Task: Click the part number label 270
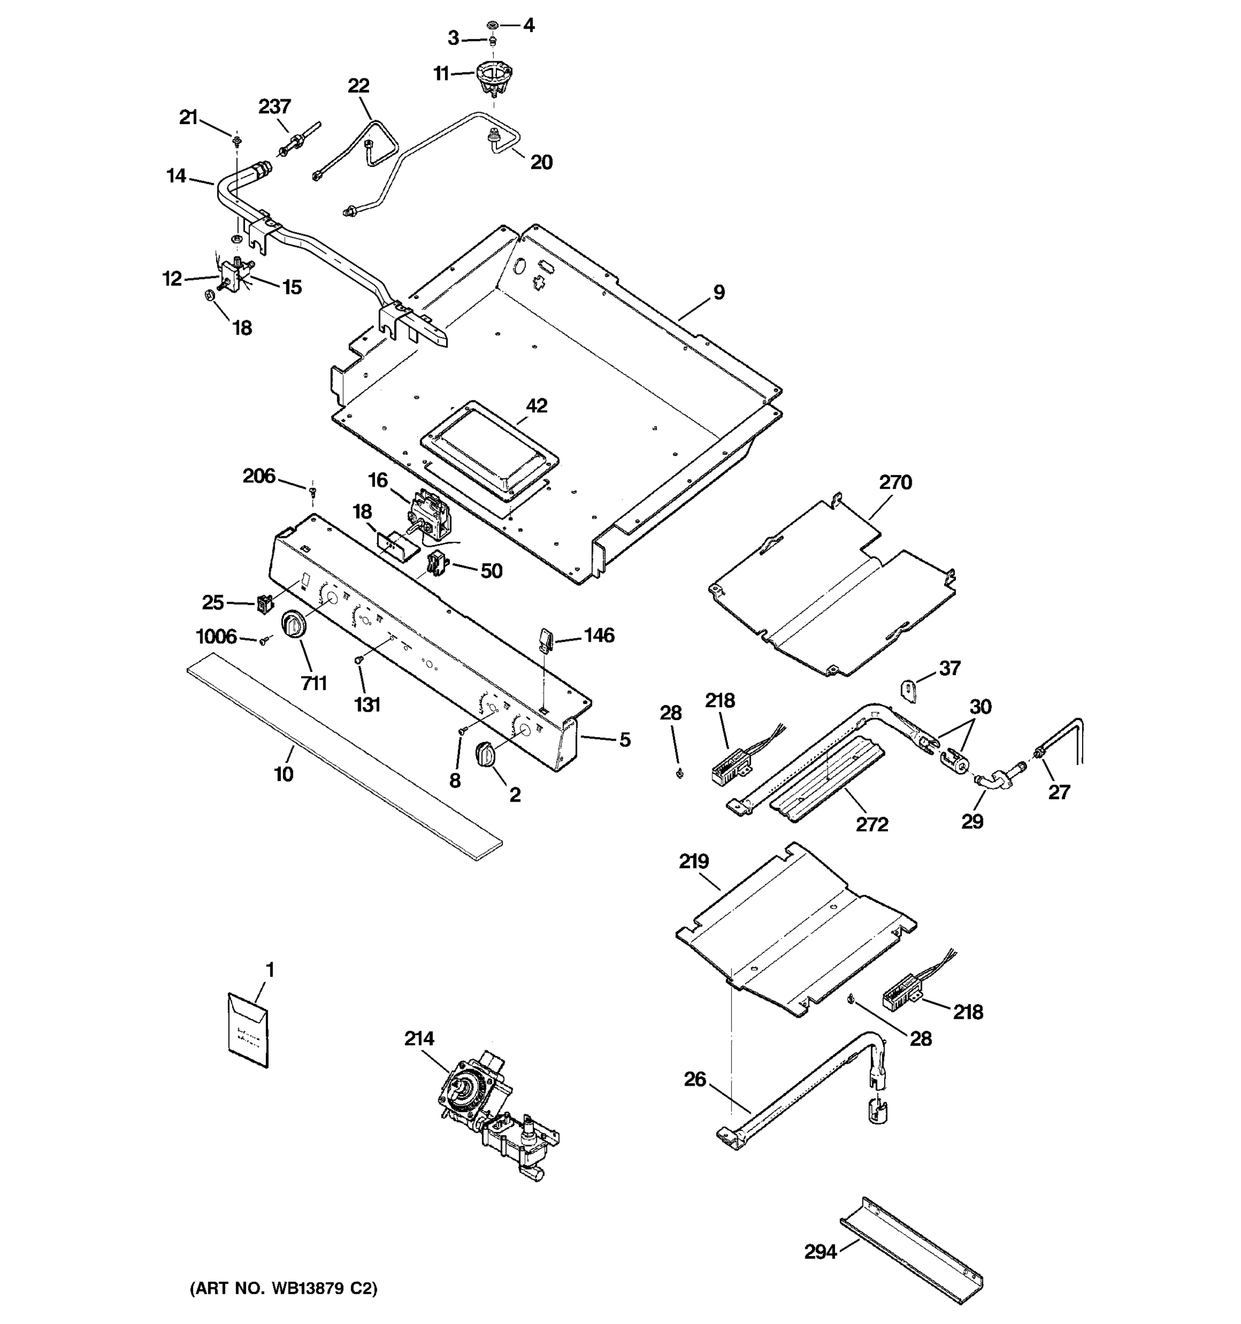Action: pos(895,482)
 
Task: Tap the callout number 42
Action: pos(537,405)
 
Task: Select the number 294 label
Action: pos(820,1252)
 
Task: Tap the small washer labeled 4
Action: pos(493,25)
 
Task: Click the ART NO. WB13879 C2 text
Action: pos(284,1288)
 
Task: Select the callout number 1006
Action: pos(216,637)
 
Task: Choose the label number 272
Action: pos(871,825)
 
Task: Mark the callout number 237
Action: pos(274,106)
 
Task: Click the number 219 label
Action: pos(694,861)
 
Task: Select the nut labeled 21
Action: pos(237,140)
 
